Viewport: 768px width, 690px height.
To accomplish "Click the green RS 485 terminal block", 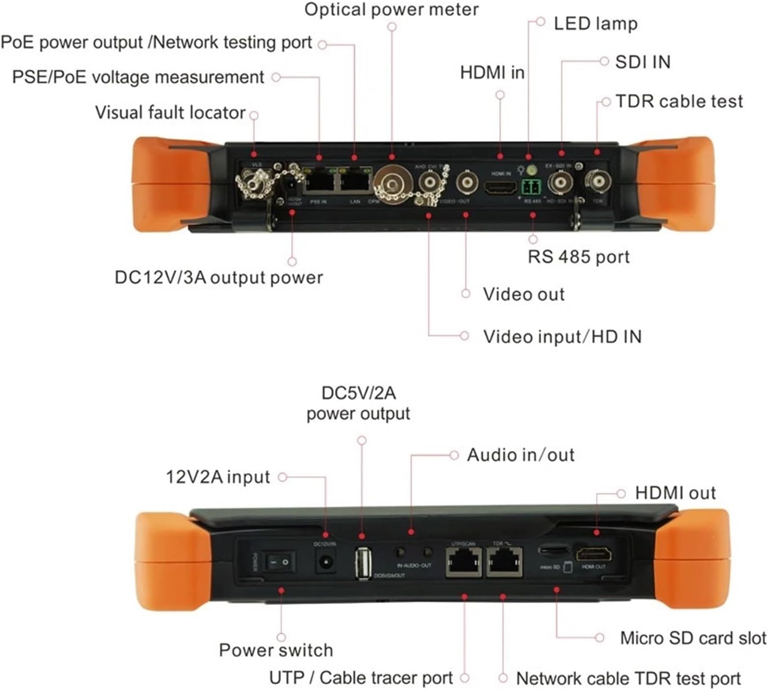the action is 531,187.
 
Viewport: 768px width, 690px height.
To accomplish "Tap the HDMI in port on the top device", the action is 501,187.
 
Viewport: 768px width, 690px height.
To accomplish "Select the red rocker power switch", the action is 279,562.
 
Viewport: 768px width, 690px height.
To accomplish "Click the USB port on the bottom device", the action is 363,563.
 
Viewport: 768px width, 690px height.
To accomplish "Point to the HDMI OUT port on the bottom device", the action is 593,554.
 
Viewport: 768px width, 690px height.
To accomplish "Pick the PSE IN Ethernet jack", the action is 319,181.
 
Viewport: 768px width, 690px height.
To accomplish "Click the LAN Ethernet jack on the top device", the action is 355,181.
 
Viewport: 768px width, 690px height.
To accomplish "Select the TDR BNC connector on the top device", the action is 597,181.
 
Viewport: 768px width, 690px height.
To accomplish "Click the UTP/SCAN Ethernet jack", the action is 463,562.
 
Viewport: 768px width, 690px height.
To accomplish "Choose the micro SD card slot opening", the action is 553,550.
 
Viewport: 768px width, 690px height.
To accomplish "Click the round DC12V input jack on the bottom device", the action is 326,563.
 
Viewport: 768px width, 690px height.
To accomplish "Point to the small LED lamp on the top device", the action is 531,170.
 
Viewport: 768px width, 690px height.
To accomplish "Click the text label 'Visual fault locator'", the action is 170,113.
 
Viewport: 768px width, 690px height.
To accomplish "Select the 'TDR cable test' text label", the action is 679,101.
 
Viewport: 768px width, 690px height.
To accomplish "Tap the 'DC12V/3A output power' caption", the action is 219,277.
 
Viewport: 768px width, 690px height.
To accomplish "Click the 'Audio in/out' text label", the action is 521,455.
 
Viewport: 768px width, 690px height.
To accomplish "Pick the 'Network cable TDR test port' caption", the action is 628,678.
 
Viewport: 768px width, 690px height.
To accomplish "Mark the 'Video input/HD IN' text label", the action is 562,337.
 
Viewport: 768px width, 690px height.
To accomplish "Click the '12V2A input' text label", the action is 218,477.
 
